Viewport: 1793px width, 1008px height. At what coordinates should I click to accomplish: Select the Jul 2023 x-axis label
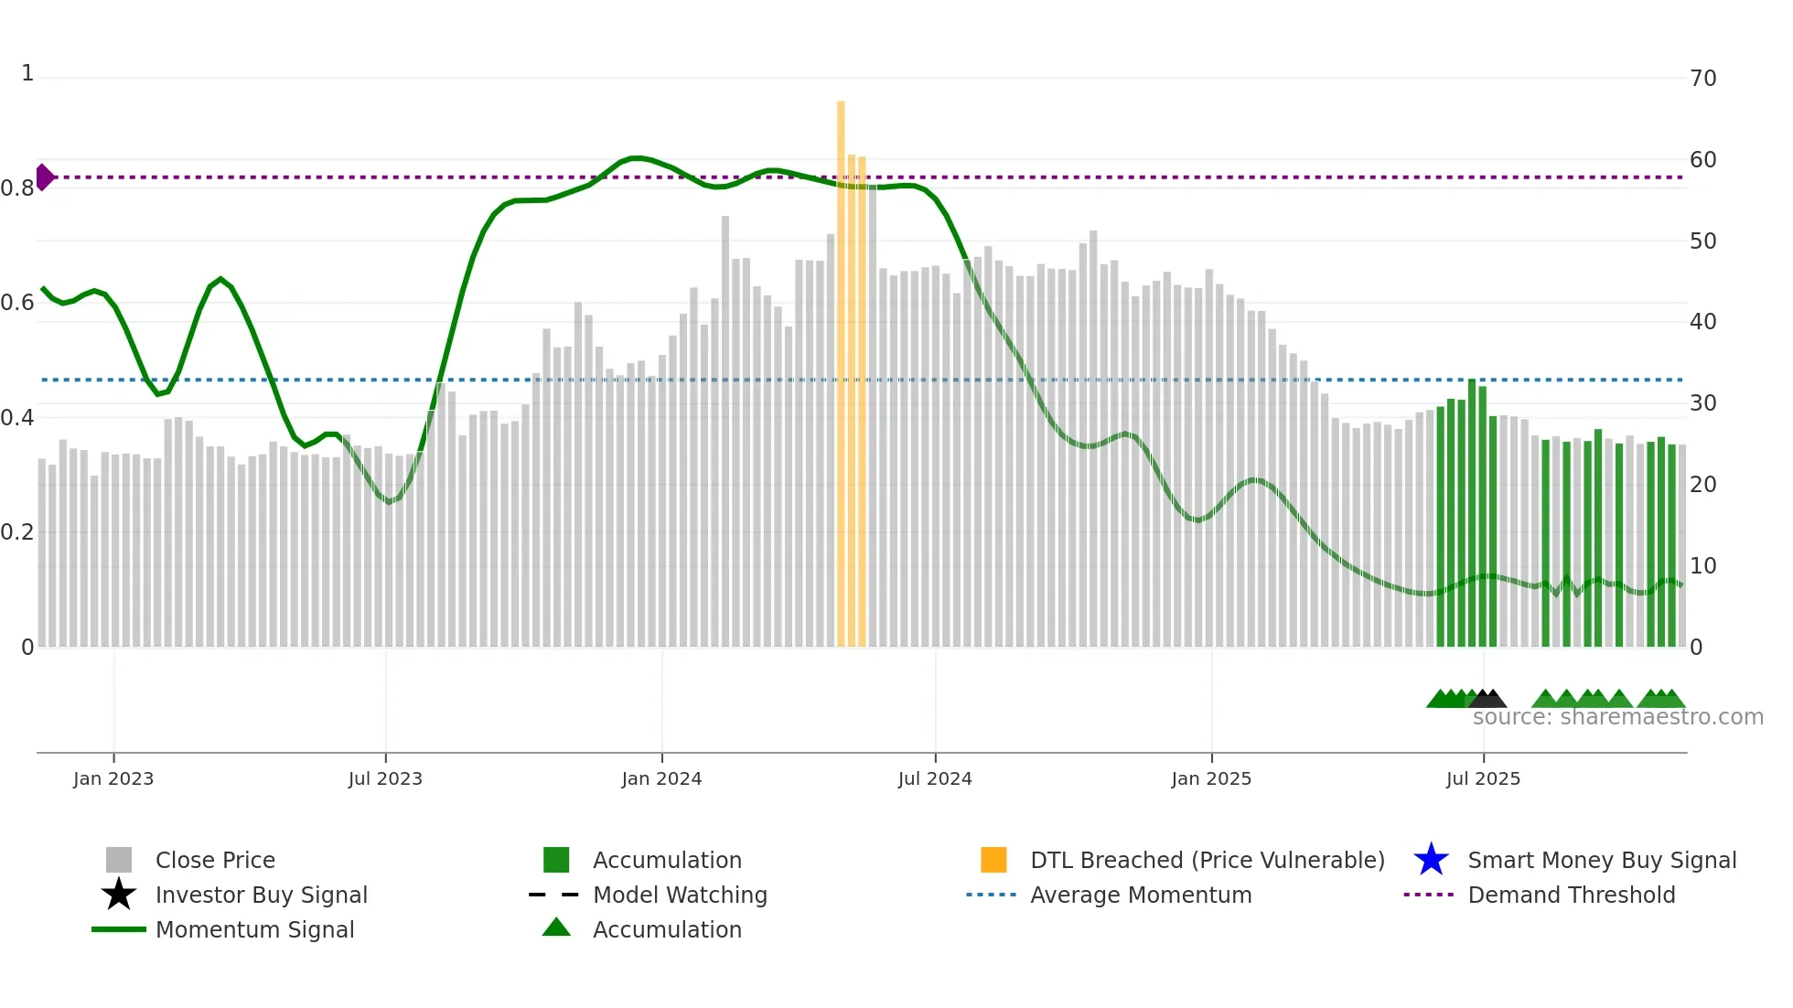[x=385, y=778]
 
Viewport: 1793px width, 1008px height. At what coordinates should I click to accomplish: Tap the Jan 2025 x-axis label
[x=1211, y=778]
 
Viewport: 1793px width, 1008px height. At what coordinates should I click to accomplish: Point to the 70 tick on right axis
[x=1702, y=79]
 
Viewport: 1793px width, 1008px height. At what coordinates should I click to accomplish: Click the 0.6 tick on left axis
[x=17, y=303]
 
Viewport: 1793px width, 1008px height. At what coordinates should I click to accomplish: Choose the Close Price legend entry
[x=215, y=860]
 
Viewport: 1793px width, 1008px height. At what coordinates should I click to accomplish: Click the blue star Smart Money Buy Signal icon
[x=1431, y=860]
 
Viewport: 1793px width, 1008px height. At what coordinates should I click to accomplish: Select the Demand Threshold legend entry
[x=1571, y=895]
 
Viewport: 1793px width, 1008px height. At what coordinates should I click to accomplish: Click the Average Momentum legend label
[x=1141, y=895]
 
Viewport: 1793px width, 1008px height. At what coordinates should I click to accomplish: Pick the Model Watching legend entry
[x=680, y=895]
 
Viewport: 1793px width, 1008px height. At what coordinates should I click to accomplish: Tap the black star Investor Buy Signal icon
[x=119, y=895]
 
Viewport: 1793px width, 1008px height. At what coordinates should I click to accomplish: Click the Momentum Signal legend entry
[x=254, y=929]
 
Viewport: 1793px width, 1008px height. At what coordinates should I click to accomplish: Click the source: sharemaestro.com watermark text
[x=1617, y=717]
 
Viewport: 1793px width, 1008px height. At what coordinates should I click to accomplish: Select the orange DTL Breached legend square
[x=993, y=860]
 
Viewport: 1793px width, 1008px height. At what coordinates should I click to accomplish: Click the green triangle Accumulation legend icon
[x=556, y=928]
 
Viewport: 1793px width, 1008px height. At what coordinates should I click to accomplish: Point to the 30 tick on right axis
[x=1702, y=403]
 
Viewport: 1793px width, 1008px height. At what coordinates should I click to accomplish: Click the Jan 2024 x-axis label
[x=661, y=778]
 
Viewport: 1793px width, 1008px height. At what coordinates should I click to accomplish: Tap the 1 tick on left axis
[x=27, y=73]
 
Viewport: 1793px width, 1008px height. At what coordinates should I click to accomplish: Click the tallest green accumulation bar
[x=1472, y=512]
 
